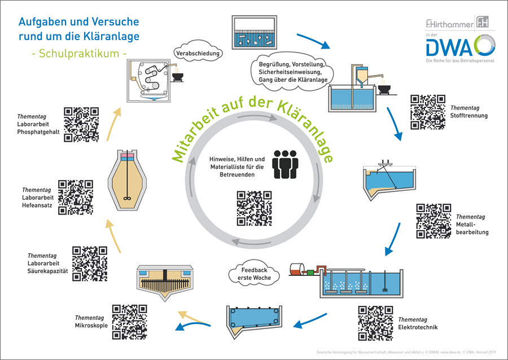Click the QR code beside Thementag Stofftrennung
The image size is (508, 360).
pyautogui.click(x=427, y=112)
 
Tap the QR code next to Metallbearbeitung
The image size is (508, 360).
pyautogui.click(x=433, y=221)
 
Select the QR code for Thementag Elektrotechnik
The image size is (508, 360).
pyautogui.click(x=375, y=323)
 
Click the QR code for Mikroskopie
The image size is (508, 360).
pyautogui.click(x=129, y=322)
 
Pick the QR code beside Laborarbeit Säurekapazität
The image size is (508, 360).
pyautogui.click(x=90, y=263)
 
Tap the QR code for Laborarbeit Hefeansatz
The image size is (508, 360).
pyautogui.click(x=76, y=197)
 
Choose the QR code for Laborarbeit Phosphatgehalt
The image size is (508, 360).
pyautogui.click(x=81, y=124)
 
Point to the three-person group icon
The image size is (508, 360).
pyautogui.click(x=284, y=164)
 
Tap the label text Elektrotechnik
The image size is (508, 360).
pyautogui.click(x=418, y=327)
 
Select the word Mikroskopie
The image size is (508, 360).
pyautogui.click(x=91, y=325)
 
